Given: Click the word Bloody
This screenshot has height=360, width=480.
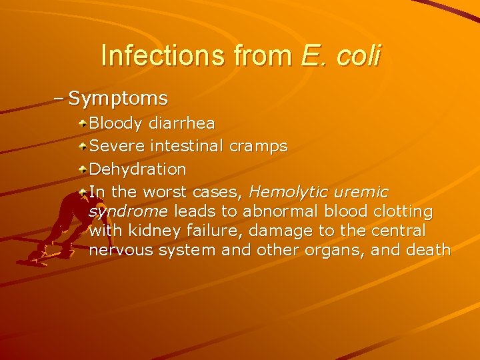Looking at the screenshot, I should point(116,123).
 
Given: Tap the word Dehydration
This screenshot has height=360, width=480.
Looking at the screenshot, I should point(137,169).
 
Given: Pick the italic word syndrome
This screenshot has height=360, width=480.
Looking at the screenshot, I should point(128,212).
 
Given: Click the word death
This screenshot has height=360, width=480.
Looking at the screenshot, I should point(428,251).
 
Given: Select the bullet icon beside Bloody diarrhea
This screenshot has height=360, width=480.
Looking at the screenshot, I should point(81,124).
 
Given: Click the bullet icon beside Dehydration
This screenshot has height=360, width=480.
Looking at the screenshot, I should point(81,169).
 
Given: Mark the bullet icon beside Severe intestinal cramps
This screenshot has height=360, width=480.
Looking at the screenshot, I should point(81,146).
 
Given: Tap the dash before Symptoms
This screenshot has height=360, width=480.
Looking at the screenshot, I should point(59,99).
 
